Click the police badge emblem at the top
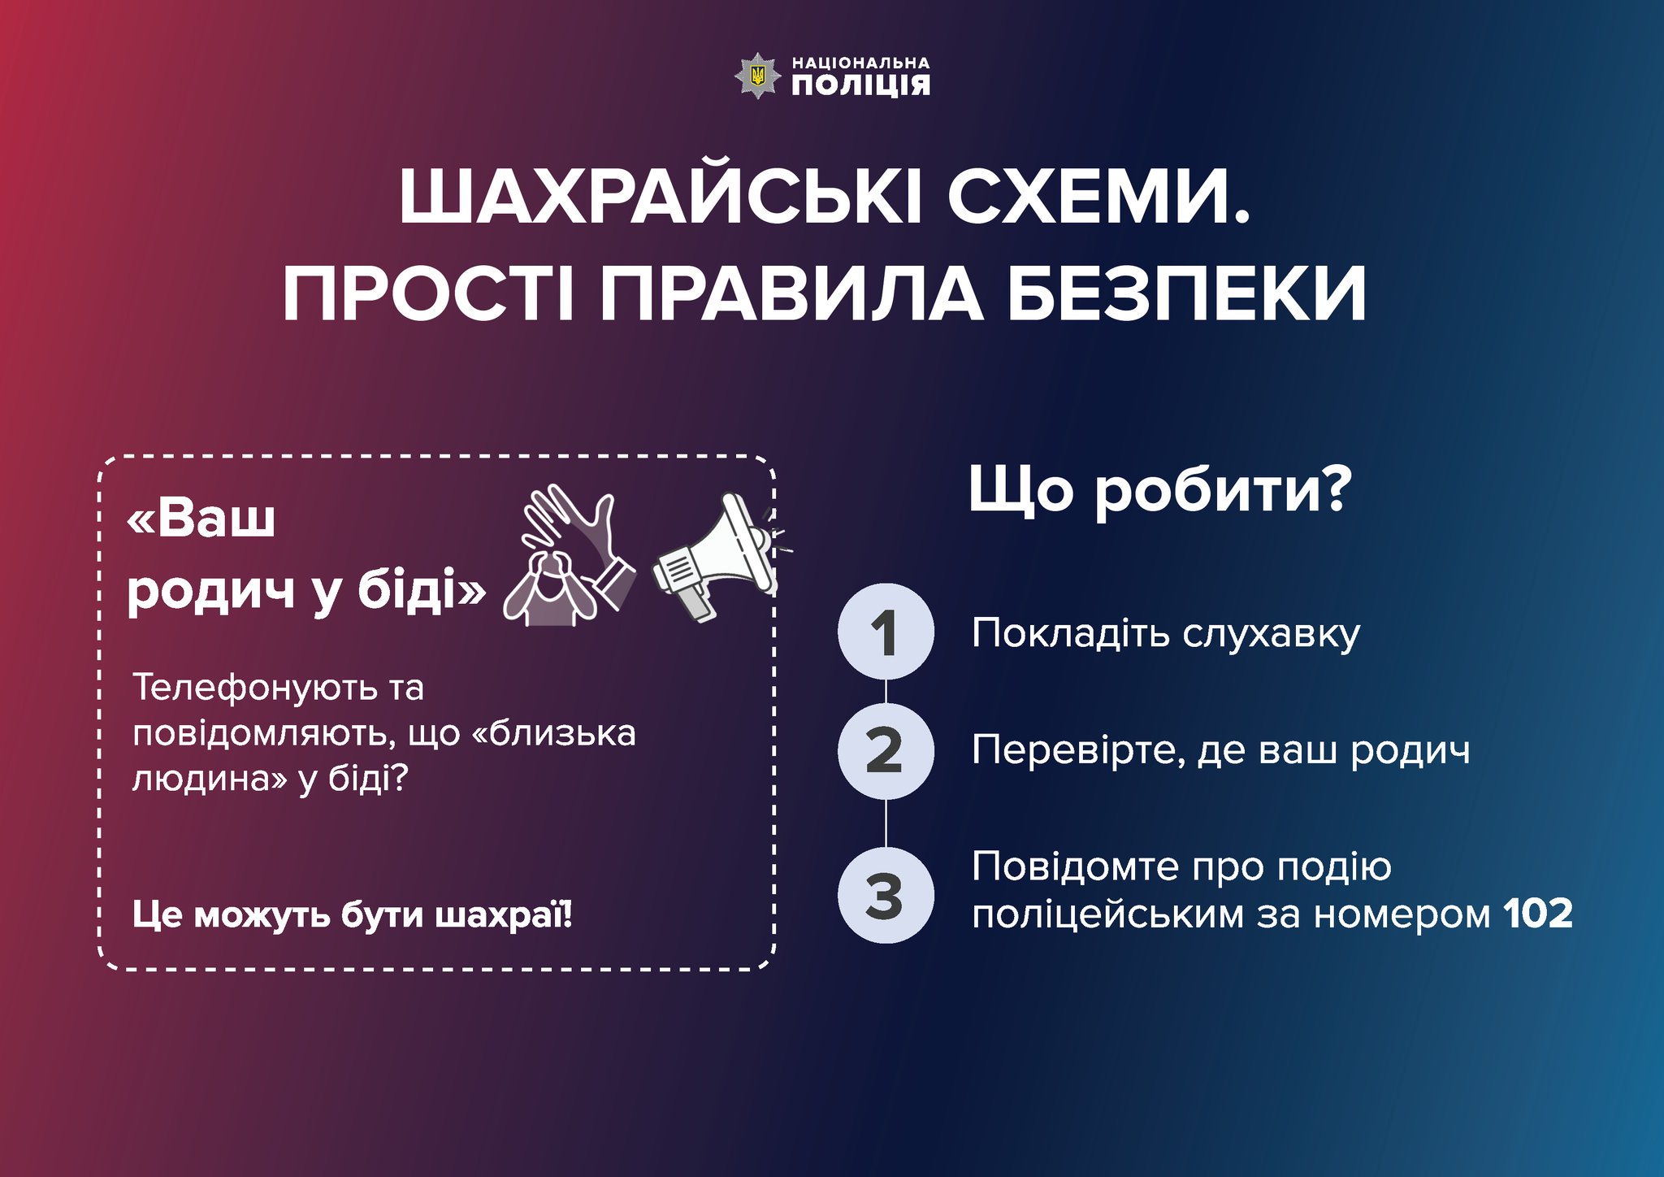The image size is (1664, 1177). pyautogui.click(x=757, y=76)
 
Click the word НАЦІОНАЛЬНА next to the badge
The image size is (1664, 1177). pyautogui.click(x=860, y=63)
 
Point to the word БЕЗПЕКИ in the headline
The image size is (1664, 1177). pyautogui.click(x=1188, y=294)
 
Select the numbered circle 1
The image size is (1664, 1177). pyautogui.click(x=886, y=632)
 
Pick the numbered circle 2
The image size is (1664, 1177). pyautogui.click(x=886, y=750)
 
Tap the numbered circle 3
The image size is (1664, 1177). pyautogui.click(x=886, y=895)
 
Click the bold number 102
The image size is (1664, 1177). pyautogui.click(x=1538, y=914)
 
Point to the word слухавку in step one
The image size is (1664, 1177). pyautogui.click(x=1271, y=634)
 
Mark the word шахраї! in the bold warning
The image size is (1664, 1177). pyautogui.click(x=504, y=914)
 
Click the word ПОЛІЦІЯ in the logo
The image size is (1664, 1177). pyautogui.click(x=860, y=85)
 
